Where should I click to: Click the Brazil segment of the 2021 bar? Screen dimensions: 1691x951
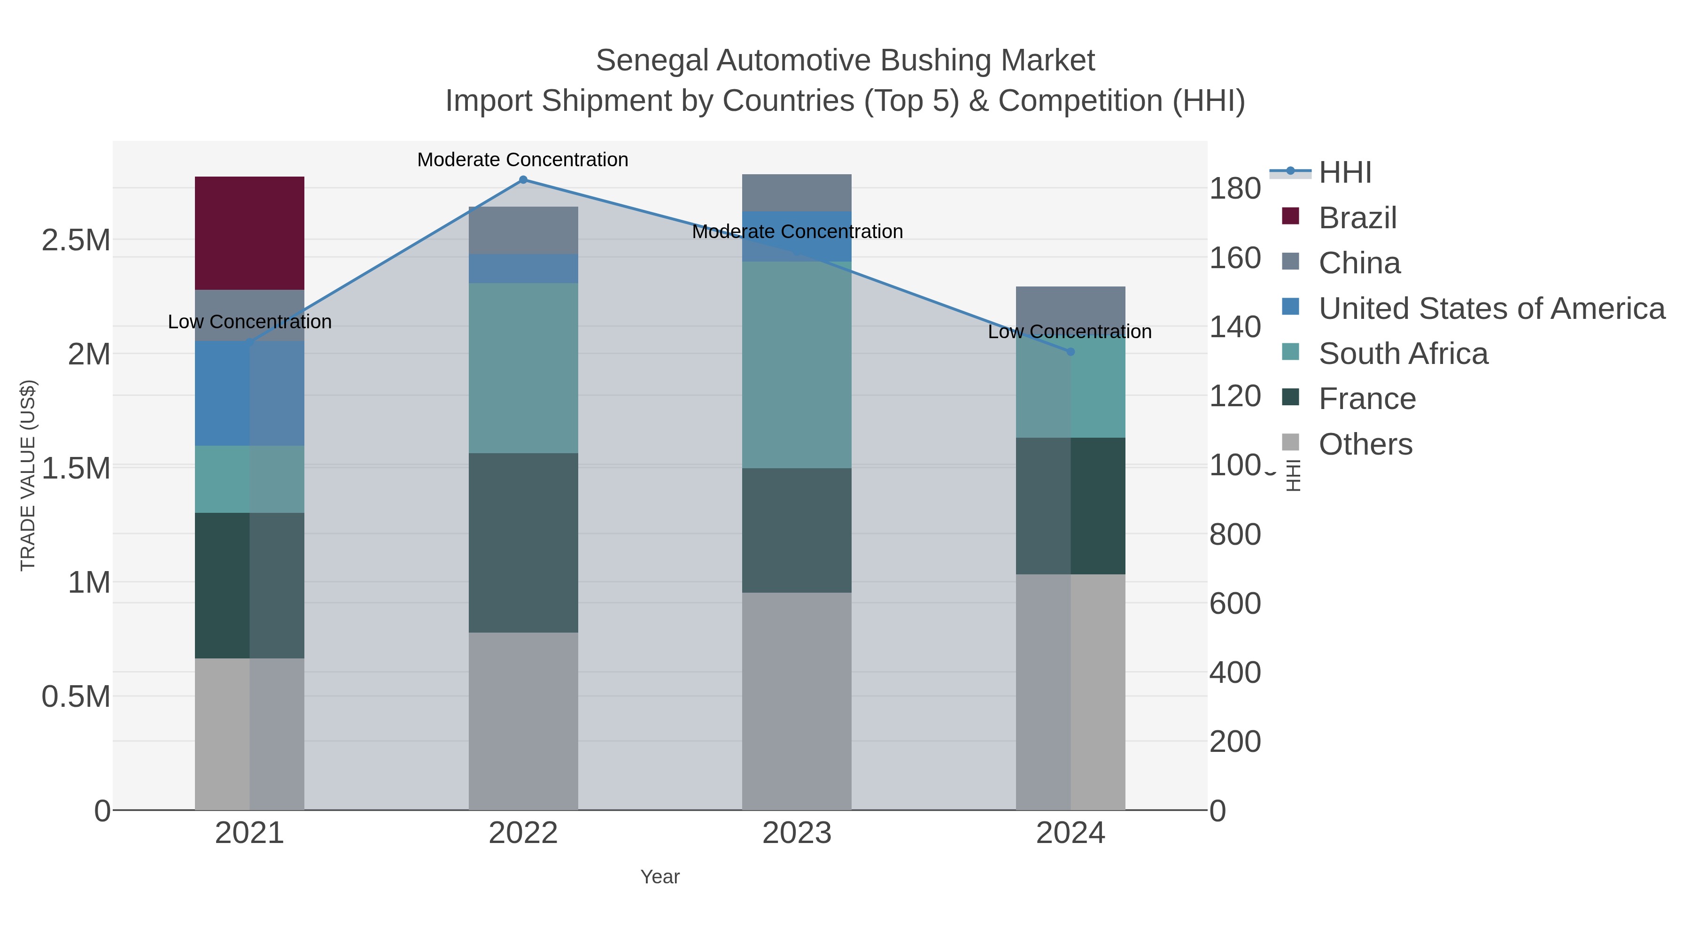pyautogui.click(x=249, y=233)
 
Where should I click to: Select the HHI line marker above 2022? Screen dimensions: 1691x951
pyautogui.click(x=523, y=180)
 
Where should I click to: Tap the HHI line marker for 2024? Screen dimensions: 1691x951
pyautogui.click(x=1070, y=352)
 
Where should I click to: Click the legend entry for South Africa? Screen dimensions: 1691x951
pyautogui.click(x=1403, y=354)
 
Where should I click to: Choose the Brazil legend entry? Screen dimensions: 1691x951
pyautogui.click(x=1357, y=218)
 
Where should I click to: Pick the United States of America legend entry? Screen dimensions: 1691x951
pyautogui.click(x=1491, y=309)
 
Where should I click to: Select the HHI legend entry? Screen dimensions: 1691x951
pyautogui.click(x=1344, y=173)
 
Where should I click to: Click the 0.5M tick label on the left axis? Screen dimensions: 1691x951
pyautogui.click(x=76, y=697)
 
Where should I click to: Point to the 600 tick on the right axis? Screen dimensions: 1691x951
pyautogui.click(x=1235, y=604)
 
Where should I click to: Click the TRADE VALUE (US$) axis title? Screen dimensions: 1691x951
pyautogui.click(x=28, y=475)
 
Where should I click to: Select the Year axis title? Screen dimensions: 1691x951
pyautogui.click(x=660, y=877)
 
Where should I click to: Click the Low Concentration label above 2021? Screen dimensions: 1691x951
pyautogui.click(x=249, y=322)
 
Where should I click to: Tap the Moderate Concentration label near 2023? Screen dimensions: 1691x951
pyautogui.click(x=797, y=232)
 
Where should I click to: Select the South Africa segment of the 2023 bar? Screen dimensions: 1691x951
pyautogui.click(x=797, y=364)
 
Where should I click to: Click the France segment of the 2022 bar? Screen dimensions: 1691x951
pyautogui.click(x=523, y=543)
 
